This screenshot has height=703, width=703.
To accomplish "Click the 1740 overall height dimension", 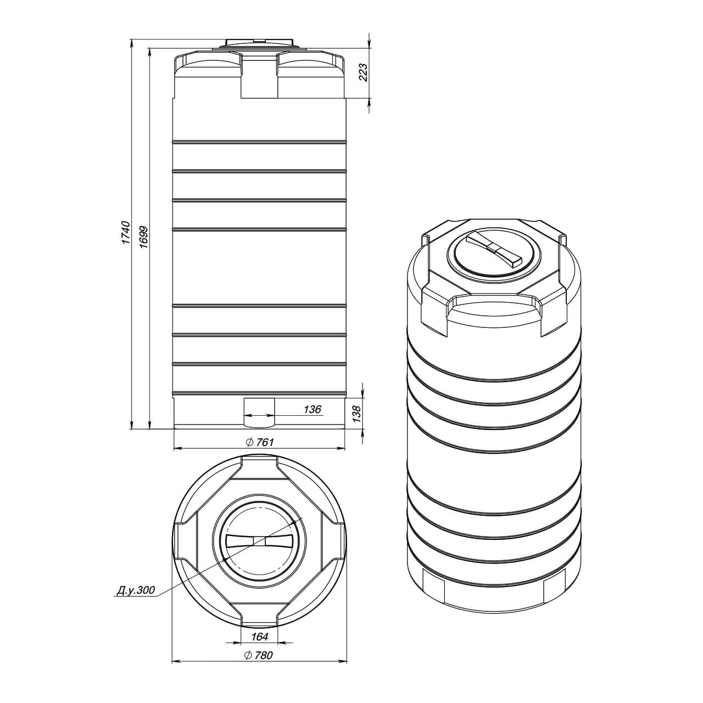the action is (126, 232).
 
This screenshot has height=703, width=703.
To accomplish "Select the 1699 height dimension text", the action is (144, 237).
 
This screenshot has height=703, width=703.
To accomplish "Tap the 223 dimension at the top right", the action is (364, 72).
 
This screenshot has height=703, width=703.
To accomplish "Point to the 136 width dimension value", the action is (313, 409).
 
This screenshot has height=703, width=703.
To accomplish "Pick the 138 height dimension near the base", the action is (356, 414).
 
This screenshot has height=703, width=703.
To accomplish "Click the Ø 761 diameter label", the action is (260, 442).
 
